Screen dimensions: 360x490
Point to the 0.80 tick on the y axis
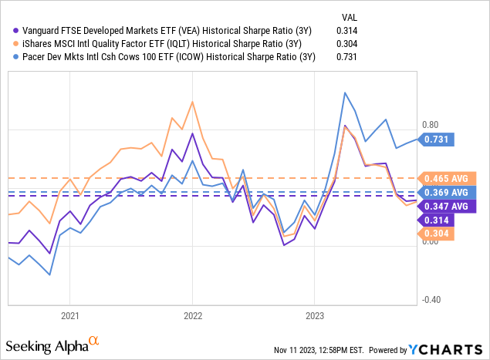point(430,125)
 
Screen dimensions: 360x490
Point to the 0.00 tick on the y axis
point(430,241)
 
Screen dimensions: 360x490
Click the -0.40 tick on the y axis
point(429,300)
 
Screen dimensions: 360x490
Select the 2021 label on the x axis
point(70,315)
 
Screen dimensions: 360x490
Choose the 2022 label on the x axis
point(192,315)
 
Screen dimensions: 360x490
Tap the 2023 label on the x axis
point(314,315)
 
